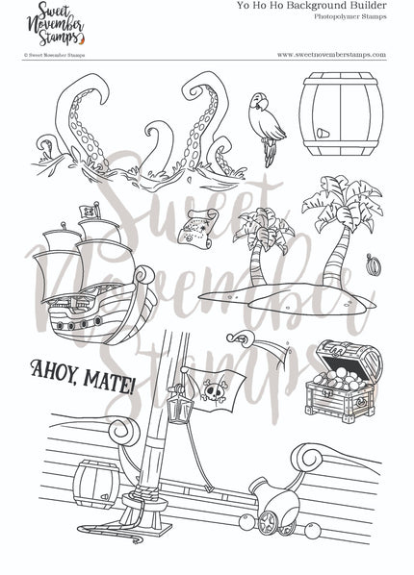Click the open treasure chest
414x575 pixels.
[x=344, y=381]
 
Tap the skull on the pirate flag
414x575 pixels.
[x=211, y=389]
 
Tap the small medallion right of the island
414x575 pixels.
[x=374, y=262]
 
